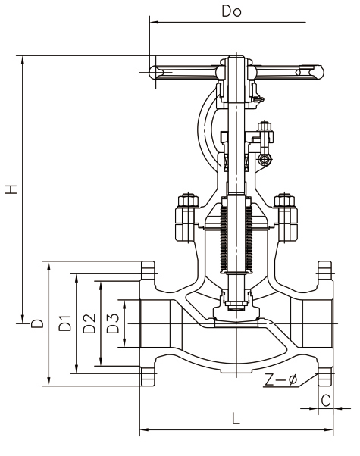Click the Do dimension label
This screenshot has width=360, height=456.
tap(231, 11)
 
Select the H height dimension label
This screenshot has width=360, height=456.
tap(11, 189)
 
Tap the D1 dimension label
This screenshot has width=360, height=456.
tap(64, 323)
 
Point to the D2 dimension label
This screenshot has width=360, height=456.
tap(89, 323)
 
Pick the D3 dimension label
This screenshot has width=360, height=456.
tap(113, 323)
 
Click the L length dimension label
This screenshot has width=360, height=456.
tap(236, 418)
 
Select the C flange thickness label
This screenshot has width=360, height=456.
tap(326, 400)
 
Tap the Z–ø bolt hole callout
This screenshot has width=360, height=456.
tap(281, 379)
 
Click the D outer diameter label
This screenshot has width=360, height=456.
tap(37, 323)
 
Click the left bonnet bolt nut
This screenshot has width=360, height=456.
tap(188, 200)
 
